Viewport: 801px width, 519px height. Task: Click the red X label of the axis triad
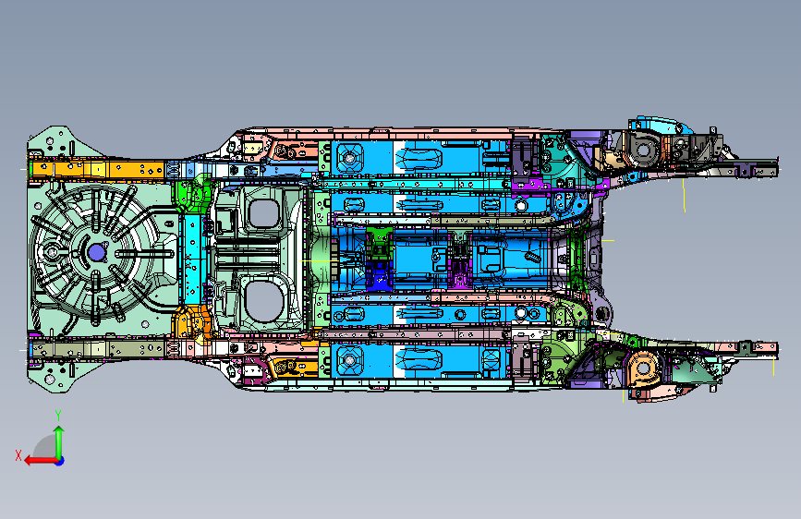tap(18, 455)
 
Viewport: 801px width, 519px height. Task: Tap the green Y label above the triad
tap(58, 415)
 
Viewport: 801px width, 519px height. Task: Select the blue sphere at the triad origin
tap(58, 460)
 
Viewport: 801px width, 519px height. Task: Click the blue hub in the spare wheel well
tap(96, 251)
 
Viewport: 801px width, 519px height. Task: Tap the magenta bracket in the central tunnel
tap(459, 272)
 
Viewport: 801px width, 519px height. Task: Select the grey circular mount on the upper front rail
tap(644, 146)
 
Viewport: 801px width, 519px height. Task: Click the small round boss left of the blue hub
tap(58, 252)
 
